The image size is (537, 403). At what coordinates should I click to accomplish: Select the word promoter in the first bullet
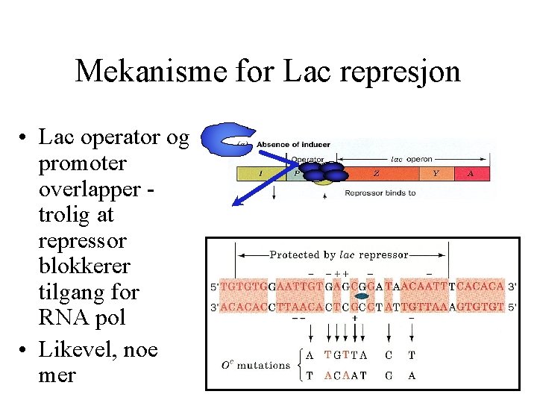pyautogui.click(x=82, y=163)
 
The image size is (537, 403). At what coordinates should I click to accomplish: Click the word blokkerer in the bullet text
pyautogui.click(x=82, y=266)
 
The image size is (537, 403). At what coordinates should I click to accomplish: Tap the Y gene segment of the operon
pyautogui.click(x=436, y=174)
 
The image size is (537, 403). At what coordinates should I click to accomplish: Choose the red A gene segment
pyautogui.click(x=471, y=174)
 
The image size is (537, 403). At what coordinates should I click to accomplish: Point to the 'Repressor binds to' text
pyautogui.click(x=380, y=193)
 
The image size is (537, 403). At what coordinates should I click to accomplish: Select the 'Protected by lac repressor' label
pyautogui.click(x=339, y=254)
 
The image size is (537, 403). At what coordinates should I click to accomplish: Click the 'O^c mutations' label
pyautogui.click(x=257, y=365)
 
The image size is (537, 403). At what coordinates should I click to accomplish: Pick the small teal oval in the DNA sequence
pyautogui.click(x=362, y=296)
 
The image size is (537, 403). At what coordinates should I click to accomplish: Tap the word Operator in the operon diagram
pyautogui.click(x=307, y=159)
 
